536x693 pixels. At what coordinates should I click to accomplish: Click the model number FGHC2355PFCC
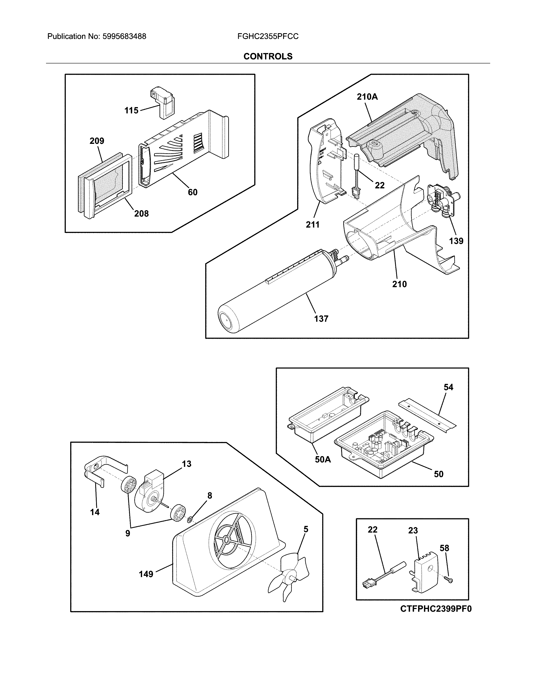(x=268, y=37)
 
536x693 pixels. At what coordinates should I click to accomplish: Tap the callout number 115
(x=131, y=110)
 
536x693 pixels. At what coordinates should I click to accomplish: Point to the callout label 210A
(x=367, y=97)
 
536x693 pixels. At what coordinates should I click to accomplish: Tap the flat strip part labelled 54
(x=427, y=414)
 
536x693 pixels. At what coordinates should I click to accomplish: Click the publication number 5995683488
(x=124, y=37)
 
